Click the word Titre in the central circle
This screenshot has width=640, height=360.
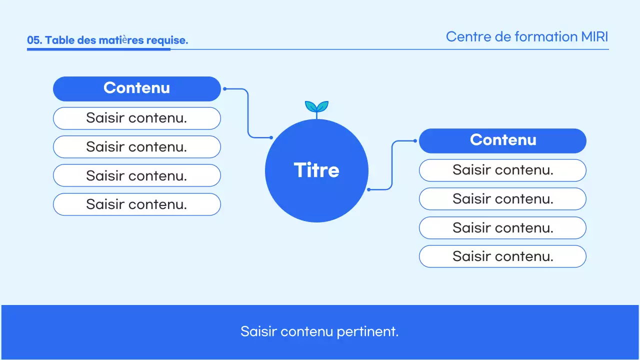[x=316, y=170]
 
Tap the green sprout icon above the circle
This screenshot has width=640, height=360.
[x=316, y=107]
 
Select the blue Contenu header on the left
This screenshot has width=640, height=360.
[x=136, y=88]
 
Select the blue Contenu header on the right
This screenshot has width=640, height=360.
[x=502, y=140]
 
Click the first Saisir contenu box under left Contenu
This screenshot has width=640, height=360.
[x=136, y=118]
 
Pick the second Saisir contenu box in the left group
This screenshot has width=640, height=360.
[x=136, y=147]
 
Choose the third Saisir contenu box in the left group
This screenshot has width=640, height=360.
[x=136, y=175]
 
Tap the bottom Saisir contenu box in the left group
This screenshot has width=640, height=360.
[x=136, y=204]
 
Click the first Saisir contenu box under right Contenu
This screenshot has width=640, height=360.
[x=502, y=170]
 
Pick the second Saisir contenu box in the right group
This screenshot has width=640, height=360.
[x=502, y=199]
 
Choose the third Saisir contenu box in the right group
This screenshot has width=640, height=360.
[x=502, y=228]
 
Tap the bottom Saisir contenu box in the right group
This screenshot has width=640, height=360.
[x=502, y=256]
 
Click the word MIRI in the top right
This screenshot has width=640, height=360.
[x=594, y=37]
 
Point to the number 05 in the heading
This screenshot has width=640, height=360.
[x=33, y=40]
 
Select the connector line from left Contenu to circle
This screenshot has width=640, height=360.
[x=248, y=112]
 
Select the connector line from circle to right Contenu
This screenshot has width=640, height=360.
[x=392, y=165]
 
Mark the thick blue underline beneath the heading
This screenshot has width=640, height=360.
[x=98, y=49]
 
